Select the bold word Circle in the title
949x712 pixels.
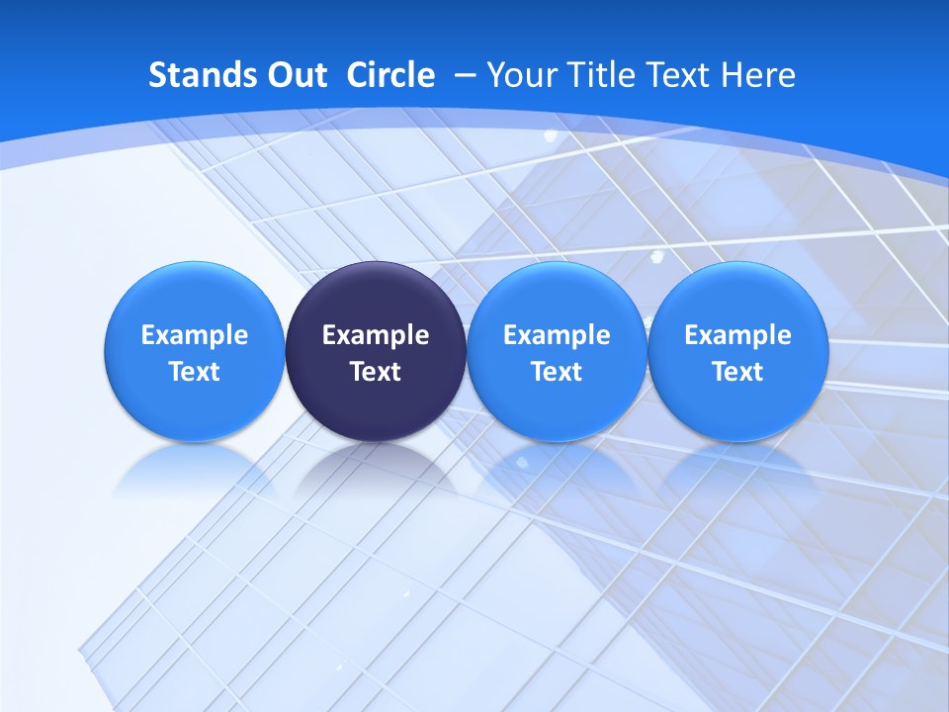point(390,75)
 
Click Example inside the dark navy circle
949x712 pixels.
point(376,335)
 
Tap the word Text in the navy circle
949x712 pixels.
point(376,372)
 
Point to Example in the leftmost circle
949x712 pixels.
point(194,335)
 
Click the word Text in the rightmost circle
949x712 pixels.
point(737,372)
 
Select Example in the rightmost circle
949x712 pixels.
point(737,335)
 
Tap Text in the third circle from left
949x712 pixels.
point(557,372)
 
